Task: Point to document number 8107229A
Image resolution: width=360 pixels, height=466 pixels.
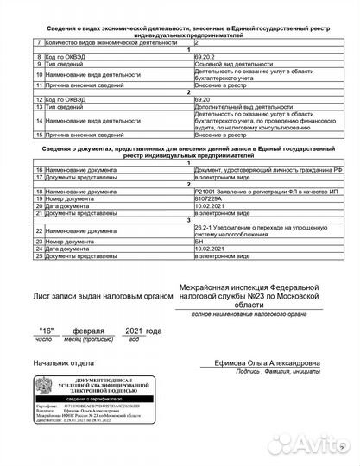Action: point(211,198)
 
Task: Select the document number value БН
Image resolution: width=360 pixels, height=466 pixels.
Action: point(200,241)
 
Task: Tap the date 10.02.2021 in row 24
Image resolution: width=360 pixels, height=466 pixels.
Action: point(212,248)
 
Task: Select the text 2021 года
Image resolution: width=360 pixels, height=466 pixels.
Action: point(142,331)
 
